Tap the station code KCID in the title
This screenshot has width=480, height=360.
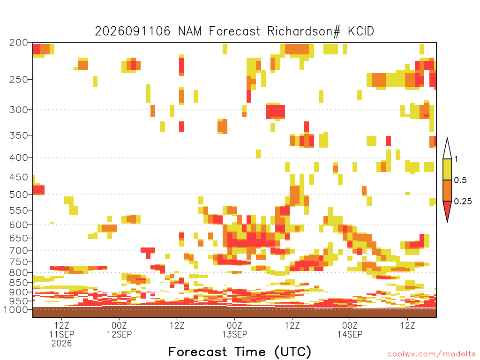(x=361, y=31)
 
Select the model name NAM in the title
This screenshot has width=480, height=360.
(x=190, y=31)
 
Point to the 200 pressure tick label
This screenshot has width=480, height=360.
(x=19, y=43)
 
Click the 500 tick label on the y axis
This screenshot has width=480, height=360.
(x=19, y=195)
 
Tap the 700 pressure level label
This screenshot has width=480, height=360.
(x=19, y=250)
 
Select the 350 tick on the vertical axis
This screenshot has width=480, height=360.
(x=19, y=135)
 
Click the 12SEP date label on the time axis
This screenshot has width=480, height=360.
(x=120, y=334)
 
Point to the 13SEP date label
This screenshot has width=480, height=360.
(x=235, y=334)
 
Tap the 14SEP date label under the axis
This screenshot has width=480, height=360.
(x=350, y=334)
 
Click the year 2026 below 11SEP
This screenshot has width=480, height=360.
(x=61, y=344)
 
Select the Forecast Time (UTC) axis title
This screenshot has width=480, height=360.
(x=240, y=352)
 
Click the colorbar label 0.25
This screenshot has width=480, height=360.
(x=463, y=202)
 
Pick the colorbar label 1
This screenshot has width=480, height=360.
(x=456, y=159)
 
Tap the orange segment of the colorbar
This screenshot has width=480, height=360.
(x=447, y=190)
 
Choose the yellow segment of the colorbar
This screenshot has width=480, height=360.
(x=447, y=169)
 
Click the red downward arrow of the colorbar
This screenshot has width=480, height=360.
(x=447, y=210)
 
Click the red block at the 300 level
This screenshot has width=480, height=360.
(x=275, y=112)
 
